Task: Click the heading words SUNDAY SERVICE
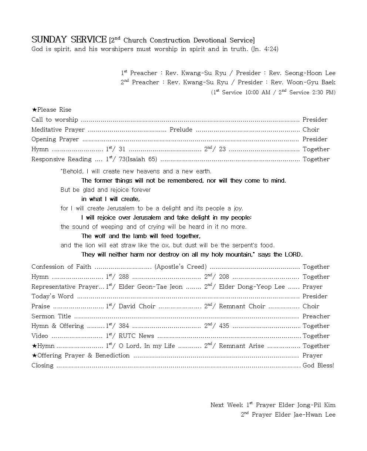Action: pos(69,40)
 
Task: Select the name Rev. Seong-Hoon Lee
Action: pos(302,73)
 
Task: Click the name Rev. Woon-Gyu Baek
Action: pos(303,82)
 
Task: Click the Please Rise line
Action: pos(51,110)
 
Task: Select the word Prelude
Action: pos(181,129)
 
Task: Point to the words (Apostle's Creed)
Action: pos(181,267)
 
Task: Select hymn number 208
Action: pos(224,277)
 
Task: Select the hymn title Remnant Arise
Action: pos(241,346)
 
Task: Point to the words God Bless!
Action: pos(318,366)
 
